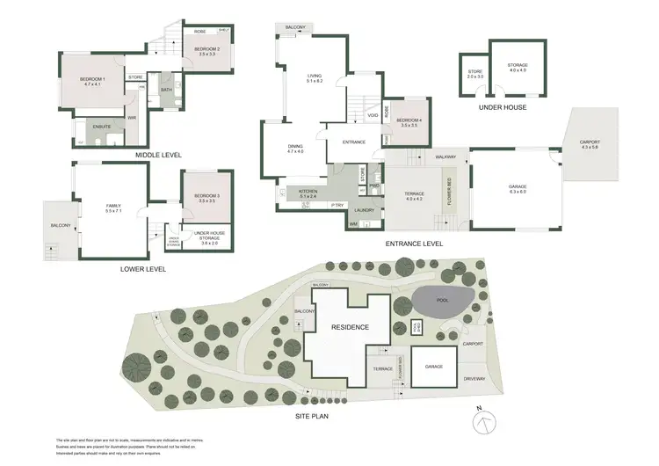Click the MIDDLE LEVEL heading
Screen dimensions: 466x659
(x=158, y=155)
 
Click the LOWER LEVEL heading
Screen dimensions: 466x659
(x=142, y=269)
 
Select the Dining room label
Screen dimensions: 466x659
(x=295, y=149)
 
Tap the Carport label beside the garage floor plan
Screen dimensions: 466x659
(x=590, y=144)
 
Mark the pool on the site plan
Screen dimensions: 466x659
(x=445, y=302)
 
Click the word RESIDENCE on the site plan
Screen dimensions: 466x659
(x=349, y=327)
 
